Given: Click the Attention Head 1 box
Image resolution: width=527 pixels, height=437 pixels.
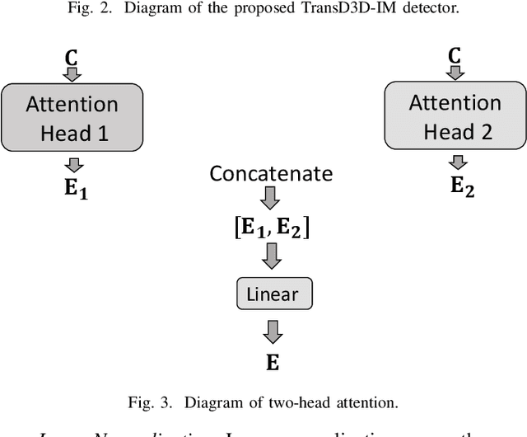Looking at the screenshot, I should [72, 118].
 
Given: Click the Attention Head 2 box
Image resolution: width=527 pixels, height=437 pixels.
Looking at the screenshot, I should [455, 116].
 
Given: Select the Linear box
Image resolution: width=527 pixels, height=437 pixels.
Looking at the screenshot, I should [273, 294].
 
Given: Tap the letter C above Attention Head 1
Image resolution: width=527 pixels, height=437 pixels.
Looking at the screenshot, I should [72, 58].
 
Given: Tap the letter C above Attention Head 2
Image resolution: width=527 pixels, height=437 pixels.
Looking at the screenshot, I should [454, 56].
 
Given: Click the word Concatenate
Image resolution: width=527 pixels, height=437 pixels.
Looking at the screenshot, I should [271, 174].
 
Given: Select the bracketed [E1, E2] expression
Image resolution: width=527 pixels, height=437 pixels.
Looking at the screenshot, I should [271, 228].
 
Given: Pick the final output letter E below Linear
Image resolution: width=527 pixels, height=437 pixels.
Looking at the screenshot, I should [273, 362].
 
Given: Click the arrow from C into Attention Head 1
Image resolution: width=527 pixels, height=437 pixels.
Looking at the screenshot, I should [72, 73].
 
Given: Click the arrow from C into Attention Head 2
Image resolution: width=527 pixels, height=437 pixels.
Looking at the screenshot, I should [454, 73].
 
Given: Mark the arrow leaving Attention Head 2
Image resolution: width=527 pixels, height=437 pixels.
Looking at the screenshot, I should [455, 162].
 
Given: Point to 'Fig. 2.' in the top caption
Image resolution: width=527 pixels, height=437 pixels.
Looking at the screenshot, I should [147, 10].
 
